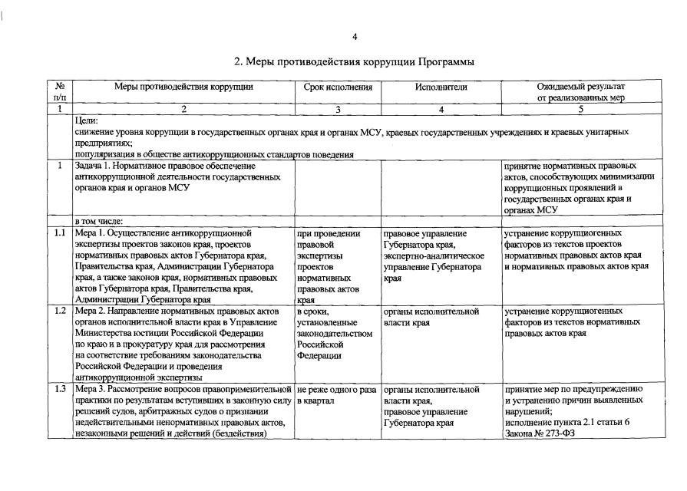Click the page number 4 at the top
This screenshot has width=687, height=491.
point(355,37)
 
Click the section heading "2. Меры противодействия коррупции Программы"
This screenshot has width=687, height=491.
point(354,61)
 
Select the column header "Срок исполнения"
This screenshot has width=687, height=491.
point(338,87)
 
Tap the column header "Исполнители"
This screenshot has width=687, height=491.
point(441,87)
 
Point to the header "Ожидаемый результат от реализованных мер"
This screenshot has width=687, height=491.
point(581,92)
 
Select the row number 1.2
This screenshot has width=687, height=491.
point(60,312)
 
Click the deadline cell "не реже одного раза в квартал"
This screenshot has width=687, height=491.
point(335,395)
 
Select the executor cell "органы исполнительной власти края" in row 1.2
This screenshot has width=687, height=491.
point(431,318)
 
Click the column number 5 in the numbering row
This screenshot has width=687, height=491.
point(581,109)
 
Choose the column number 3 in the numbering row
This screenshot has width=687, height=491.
point(338,109)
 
